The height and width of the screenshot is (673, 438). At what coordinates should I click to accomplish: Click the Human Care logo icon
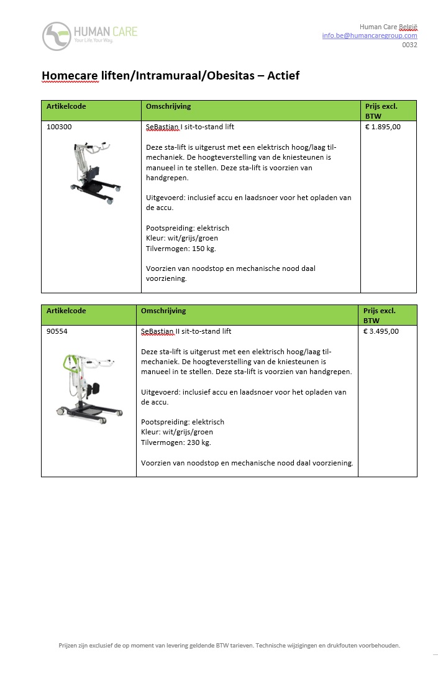(x=57, y=36)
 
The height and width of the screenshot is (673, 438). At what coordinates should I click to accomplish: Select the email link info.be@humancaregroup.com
(x=369, y=36)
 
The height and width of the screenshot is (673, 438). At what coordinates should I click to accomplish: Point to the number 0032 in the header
(x=409, y=45)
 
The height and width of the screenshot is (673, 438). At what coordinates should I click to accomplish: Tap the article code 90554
(x=57, y=331)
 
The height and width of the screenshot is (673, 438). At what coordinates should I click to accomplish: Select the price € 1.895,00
(x=383, y=127)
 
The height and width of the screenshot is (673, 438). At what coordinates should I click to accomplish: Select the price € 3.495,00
(x=381, y=331)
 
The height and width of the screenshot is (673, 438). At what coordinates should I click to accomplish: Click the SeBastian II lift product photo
(x=87, y=385)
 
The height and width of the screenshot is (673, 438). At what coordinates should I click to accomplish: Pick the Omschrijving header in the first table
(x=168, y=106)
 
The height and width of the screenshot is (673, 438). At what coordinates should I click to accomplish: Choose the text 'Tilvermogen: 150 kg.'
(x=181, y=249)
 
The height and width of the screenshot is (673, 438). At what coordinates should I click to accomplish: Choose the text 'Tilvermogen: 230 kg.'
(x=176, y=442)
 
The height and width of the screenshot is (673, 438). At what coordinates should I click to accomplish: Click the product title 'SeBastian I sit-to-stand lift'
(x=189, y=127)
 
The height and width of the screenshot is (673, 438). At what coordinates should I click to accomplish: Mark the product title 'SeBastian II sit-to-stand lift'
(x=186, y=331)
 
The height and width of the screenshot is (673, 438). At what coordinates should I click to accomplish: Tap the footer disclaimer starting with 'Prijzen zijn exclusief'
(x=229, y=645)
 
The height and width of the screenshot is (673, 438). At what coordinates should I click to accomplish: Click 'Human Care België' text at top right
(x=388, y=27)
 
